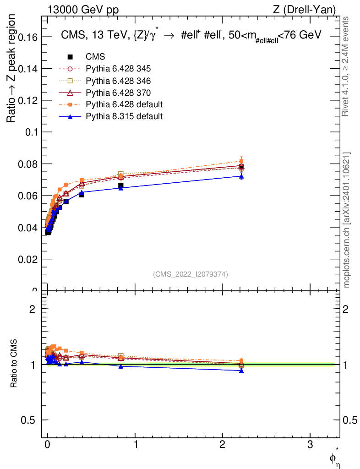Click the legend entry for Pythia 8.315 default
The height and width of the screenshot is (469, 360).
124,116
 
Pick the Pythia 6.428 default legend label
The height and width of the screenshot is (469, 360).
124,104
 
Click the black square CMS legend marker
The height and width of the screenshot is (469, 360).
70,57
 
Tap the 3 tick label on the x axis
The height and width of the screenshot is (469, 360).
310,444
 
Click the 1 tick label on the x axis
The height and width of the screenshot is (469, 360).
135,444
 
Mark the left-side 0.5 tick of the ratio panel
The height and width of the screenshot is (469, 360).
30,420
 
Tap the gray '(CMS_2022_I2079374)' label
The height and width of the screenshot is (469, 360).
191,274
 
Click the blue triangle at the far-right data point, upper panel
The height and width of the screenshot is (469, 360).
241,176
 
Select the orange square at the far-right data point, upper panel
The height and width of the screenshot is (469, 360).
241,161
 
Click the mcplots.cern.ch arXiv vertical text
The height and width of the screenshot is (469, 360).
347,220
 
